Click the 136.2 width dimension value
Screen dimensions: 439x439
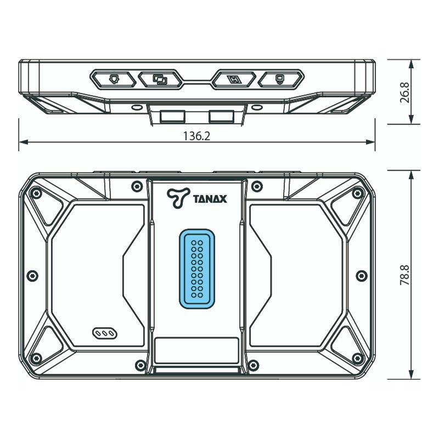tap(196, 136)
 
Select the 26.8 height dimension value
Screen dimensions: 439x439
tap(405, 93)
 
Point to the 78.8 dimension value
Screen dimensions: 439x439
tap(405, 274)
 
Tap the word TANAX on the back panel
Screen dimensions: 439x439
tap(210, 199)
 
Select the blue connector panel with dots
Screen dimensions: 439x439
tap(196, 269)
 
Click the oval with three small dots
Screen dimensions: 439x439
tap(104, 333)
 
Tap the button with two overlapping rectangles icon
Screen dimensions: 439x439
tap(160, 80)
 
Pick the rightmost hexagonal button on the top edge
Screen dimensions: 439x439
tap(281, 79)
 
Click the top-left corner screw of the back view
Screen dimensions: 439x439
tap(36, 193)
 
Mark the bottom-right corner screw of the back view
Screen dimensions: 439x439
tap(357, 359)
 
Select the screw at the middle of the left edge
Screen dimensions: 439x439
tap(32, 275)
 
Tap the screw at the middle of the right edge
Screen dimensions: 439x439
tap(361, 275)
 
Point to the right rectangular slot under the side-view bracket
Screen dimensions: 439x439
tap(221, 116)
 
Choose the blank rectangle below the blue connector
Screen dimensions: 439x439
tap(196, 350)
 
